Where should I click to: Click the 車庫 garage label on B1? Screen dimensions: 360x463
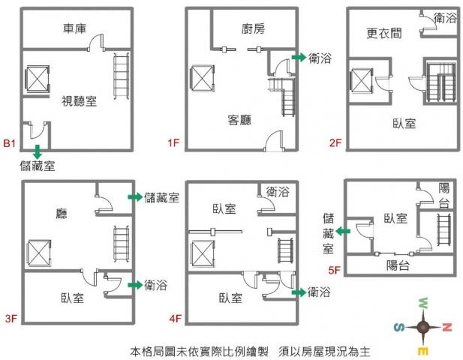74,29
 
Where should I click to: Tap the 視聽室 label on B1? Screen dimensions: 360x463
79,100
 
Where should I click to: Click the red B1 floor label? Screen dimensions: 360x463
10,142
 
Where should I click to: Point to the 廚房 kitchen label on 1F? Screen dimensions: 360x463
254,29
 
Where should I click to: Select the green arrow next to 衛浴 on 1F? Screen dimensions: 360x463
299,58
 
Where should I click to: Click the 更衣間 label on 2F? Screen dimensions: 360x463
383,34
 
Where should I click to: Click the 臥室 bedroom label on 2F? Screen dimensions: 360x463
404,122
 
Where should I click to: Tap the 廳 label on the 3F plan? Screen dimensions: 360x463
62,213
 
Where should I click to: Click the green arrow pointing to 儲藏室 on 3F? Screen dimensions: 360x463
134,197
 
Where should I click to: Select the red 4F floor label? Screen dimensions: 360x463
176,319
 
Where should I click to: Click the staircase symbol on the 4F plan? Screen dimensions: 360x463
285,250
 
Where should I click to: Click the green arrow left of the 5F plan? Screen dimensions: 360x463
342,232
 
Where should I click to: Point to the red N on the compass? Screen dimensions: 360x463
447,326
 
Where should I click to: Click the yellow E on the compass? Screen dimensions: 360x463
424,350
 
